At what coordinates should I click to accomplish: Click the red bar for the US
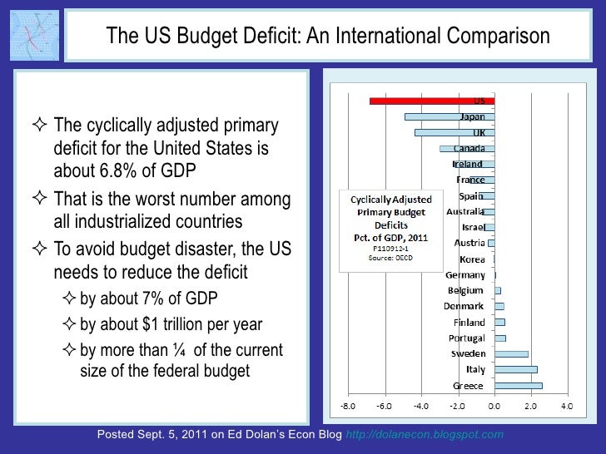432,101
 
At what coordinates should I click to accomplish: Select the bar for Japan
450,117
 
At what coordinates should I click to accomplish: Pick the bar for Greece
518,385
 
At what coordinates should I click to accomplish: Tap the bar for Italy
515,369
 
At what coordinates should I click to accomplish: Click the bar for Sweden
511,353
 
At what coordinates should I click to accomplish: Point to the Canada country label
469,148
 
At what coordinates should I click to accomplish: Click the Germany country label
465,274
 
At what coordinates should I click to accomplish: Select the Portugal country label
467,338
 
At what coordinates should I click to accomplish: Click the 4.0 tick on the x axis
566,407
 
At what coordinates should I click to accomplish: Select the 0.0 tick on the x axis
494,407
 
